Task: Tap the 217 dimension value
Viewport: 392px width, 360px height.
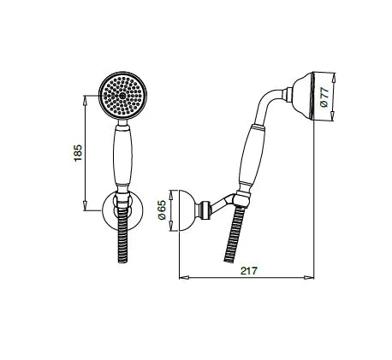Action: pos(247,270)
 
